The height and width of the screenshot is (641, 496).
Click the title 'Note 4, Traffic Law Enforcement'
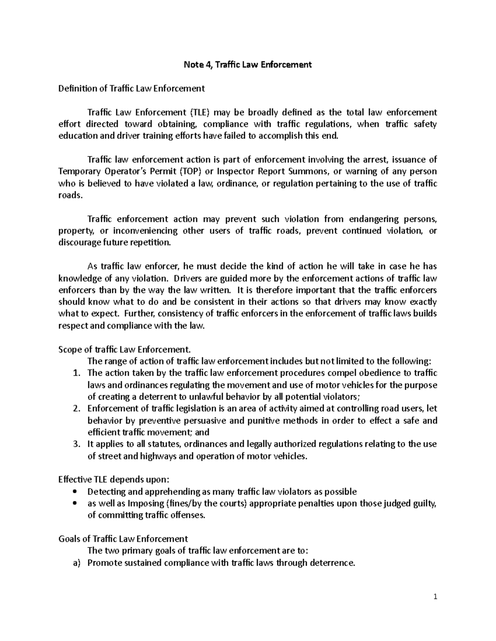click(x=248, y=64)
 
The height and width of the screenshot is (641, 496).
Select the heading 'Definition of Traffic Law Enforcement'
click(x=131, y=88)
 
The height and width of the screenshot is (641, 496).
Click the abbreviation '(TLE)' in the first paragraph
click(x=200, y=112)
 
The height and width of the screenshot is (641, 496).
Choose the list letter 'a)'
click(x=76, y=563)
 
